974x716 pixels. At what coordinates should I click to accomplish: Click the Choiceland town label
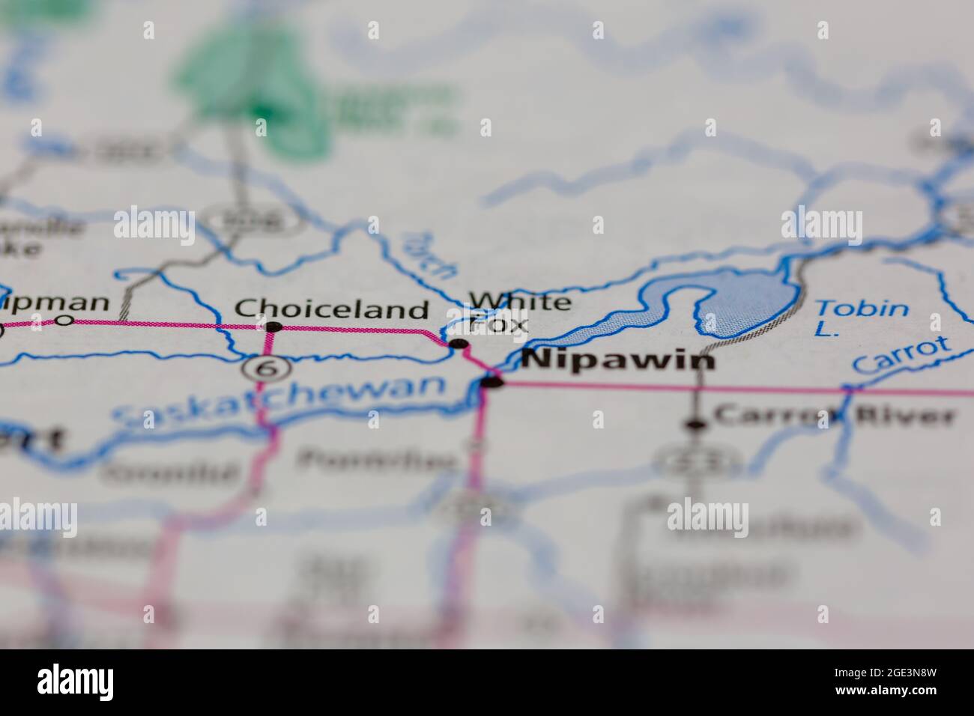pos(332,309)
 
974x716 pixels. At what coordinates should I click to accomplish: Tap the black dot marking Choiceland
pos(274,327)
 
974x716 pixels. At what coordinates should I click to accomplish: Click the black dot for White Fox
pos(458,345)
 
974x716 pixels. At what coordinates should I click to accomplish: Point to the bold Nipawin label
pos(618,361)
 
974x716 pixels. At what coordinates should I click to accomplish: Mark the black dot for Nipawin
pos(492,383)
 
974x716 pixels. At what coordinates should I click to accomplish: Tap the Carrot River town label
pos(835,415)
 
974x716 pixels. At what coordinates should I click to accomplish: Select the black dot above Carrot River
pos(696,425)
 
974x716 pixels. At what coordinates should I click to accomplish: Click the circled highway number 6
pos(262,367)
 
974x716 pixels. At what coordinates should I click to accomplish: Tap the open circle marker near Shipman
pos(65,321)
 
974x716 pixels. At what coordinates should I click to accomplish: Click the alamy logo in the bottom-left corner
pos(75,682)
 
